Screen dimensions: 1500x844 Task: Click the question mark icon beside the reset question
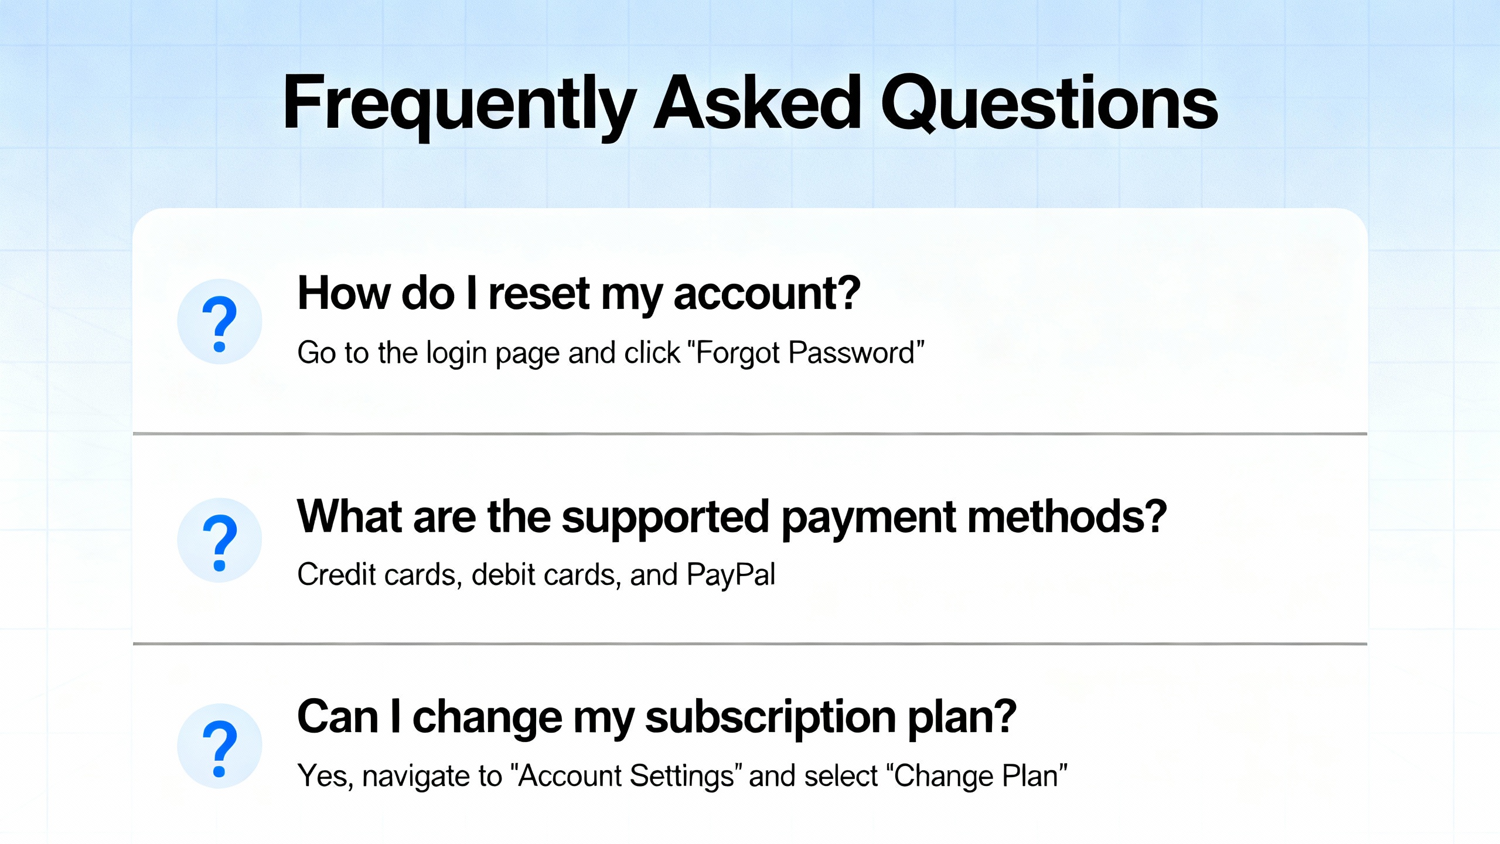coord(220,322)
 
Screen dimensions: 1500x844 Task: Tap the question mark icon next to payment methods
coord(220,540)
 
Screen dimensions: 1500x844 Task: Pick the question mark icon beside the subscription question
coord(220,746)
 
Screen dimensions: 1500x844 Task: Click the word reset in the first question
coord(539,294)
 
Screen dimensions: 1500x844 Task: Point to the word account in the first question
coord(766,294)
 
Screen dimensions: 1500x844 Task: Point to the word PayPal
coord(731,575)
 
